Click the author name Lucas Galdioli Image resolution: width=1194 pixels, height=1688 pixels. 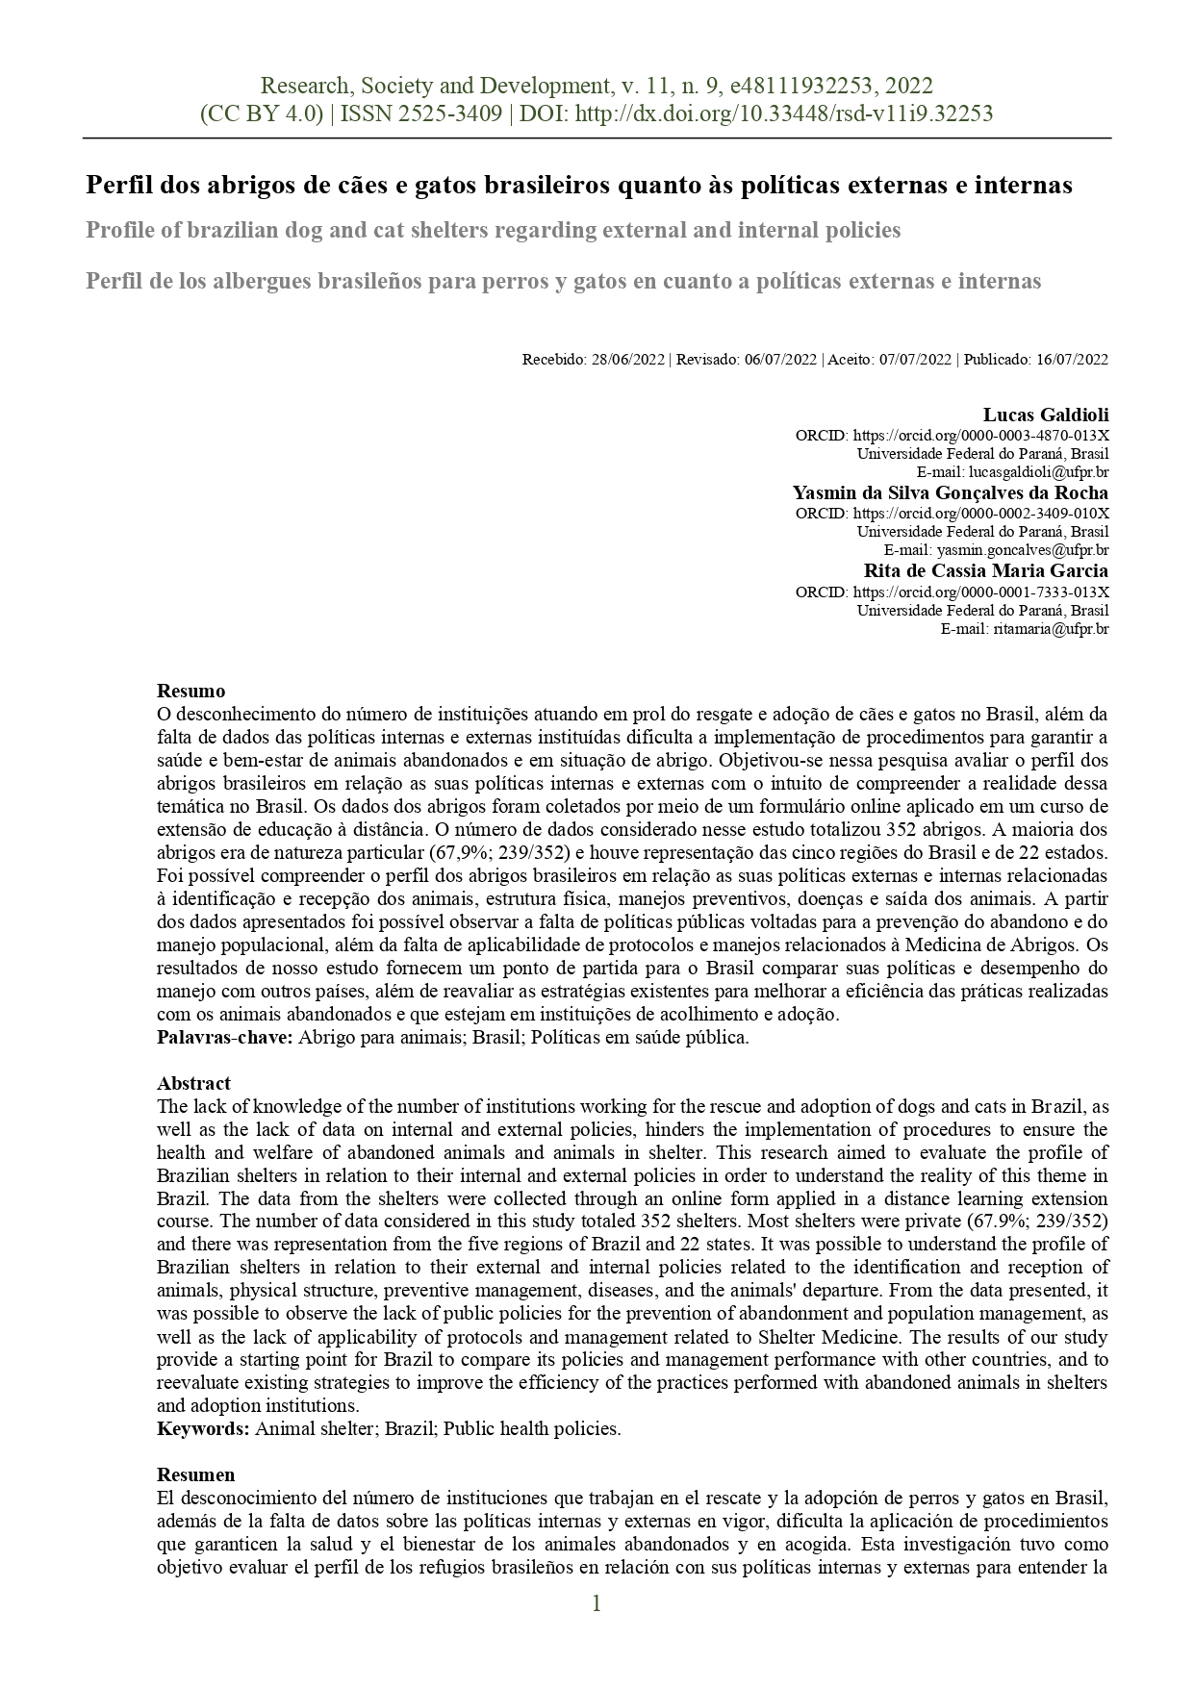click(x=1045, y=415)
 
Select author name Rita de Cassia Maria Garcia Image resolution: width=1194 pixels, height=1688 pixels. click(x=985, y=570)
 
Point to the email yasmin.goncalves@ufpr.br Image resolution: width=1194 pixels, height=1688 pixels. click(x=1023, y=551)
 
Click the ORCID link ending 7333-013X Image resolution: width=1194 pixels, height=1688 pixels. click(x=980, y=592)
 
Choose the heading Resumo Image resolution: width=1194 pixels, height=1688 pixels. click(x=191, y=691)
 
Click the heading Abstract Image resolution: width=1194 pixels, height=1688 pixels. click(x=193, y=1083)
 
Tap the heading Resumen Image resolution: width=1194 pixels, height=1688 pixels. click(x=195, y=1474)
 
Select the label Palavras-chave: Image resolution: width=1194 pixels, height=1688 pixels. click(x=224, y=1037)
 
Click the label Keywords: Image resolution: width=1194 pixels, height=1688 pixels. click(x=203, y=1428)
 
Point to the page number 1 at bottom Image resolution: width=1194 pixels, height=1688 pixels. click(x=597, y=1603)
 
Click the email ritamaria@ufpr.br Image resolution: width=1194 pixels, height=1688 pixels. click(x=1051, y=629)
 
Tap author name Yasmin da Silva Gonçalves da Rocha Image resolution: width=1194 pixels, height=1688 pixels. click(x=950, y=492)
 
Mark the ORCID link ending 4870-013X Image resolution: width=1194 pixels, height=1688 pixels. click(x=980, y=435)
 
